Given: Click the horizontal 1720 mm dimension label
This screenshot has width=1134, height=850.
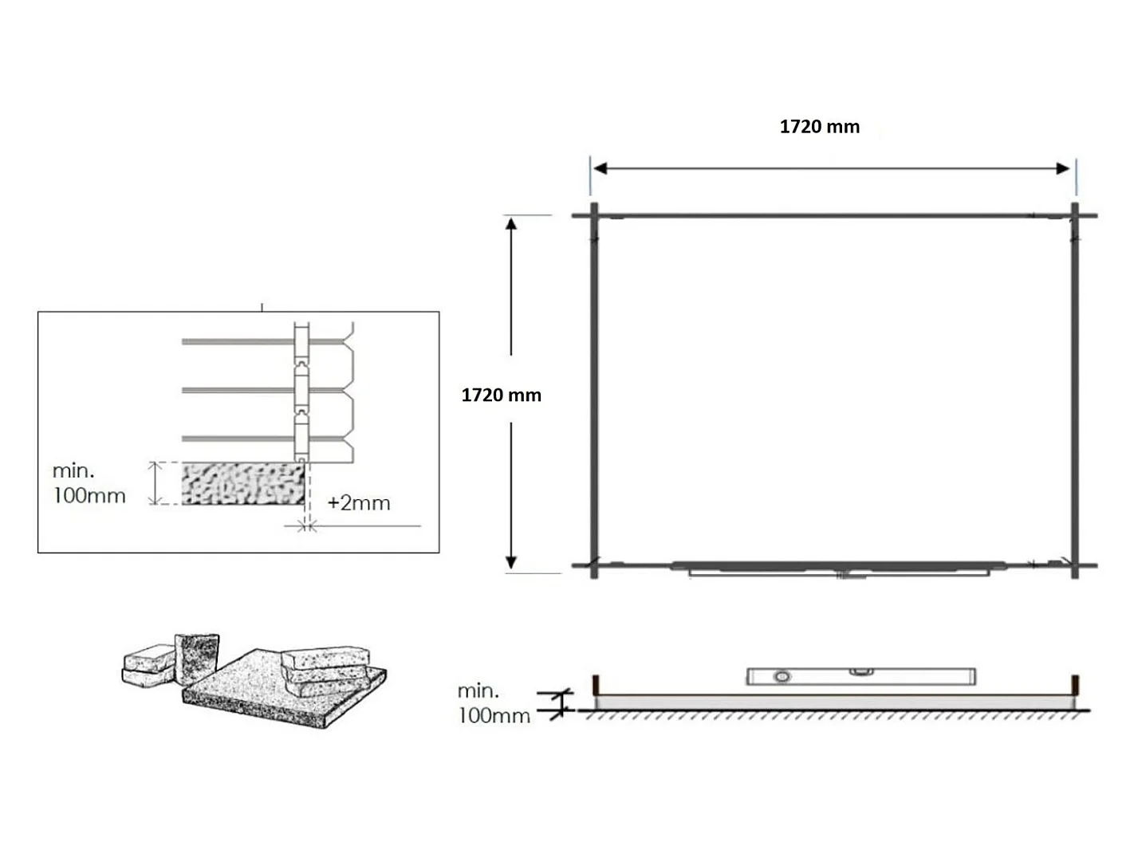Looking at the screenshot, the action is tap(819, 127).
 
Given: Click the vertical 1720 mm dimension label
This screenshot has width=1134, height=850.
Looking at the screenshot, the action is tap(501, 395).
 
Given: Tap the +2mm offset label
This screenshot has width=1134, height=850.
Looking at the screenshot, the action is tap(359, 503).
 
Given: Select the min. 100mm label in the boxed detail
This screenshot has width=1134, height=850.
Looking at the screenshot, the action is tap(89, 483).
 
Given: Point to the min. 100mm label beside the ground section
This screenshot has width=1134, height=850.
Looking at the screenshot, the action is tap(494, 703).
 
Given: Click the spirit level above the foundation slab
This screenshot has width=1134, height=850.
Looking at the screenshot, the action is tap(861, 676).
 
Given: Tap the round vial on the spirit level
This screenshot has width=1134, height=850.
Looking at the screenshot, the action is tap(782, 676).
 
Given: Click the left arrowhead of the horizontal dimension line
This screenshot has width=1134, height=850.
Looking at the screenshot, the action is tap(600, 168).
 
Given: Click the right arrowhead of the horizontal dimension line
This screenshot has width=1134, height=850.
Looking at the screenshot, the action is tap(1063, 168).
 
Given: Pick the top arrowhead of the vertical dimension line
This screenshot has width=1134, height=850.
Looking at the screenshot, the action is tap(511, 224).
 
